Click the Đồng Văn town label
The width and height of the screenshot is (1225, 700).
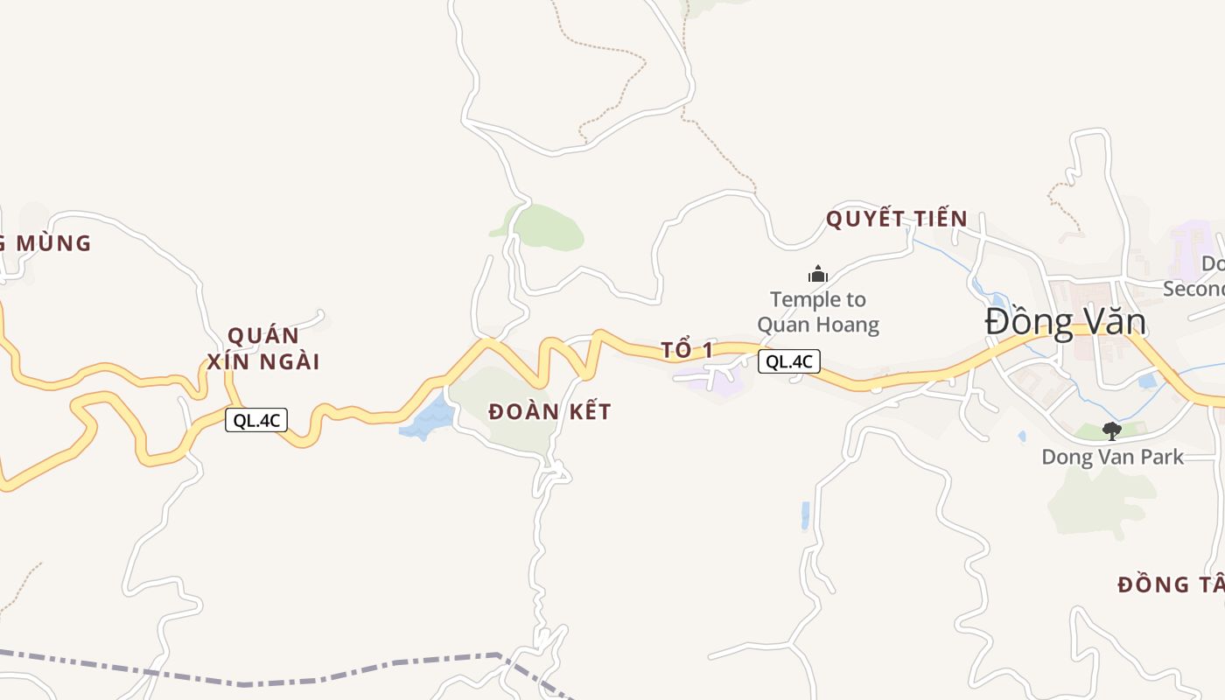coord(1065,322)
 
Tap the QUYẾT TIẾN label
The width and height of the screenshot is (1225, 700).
coord(897,219)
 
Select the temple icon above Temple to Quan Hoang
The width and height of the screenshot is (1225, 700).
coord(818,275)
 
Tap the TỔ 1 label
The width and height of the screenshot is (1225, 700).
coord(687,351)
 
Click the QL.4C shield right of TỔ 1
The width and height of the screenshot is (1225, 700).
coord(788,361)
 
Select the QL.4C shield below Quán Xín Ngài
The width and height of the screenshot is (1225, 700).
coord(255,420)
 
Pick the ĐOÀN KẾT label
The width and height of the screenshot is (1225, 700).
coord(549,411)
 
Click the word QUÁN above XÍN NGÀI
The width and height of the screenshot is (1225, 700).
coord(263,336)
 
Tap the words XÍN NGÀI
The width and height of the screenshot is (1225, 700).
coord(263,361)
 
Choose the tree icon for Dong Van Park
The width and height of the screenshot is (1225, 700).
coord(1111,430)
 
